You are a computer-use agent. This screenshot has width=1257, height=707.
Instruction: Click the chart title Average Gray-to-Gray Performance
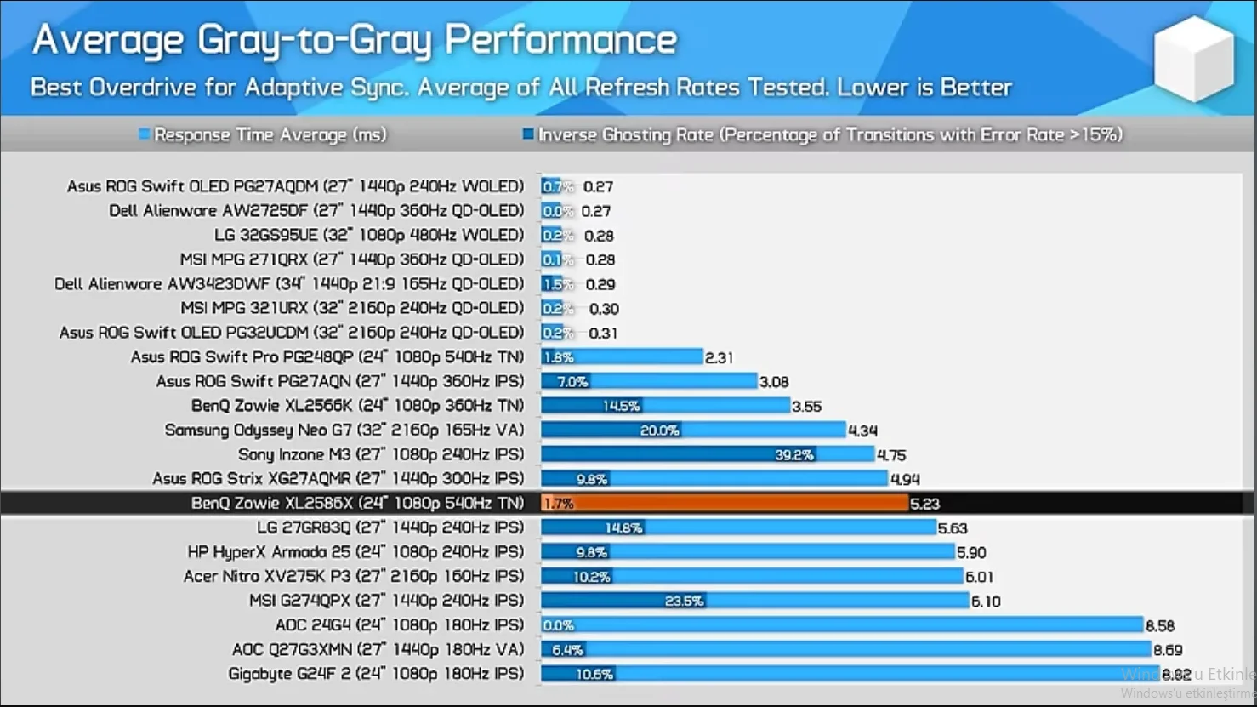pos(354,41)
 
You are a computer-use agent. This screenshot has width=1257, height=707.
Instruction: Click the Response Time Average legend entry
pos(263,134)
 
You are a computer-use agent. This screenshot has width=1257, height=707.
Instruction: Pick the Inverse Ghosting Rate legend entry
pos(822,134)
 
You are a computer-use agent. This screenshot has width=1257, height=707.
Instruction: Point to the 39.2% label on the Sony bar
pos(793,455)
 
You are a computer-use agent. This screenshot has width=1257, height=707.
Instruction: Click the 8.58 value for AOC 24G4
pos(1160,626)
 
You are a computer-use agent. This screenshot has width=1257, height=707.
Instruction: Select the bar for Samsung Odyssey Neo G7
pos(693,430)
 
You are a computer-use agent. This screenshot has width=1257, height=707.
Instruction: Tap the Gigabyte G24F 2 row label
pos(376,674)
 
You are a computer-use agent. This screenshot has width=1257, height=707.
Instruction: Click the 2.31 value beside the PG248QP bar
pos(719,358)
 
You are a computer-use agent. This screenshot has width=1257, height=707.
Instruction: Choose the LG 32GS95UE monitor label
pos(369,235)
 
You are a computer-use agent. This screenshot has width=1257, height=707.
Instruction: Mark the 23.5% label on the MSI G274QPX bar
pos(684,602)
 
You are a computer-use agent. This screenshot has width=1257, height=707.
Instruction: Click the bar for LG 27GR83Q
pos(738,528)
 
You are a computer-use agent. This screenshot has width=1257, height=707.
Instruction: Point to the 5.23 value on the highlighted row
pos(924,504)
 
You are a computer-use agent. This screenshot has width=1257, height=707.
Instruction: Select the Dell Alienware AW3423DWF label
pos(289,284)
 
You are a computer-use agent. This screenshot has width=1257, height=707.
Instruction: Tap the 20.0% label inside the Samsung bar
pos(659,430)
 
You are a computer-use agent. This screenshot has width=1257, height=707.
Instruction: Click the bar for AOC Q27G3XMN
pos(845,650)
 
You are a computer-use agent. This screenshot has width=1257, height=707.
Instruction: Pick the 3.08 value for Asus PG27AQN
pos(774,382)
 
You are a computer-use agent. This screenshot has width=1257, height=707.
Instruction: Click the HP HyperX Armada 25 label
pos(355,552)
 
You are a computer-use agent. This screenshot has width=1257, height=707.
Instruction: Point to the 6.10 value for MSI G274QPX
pos(986,602)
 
